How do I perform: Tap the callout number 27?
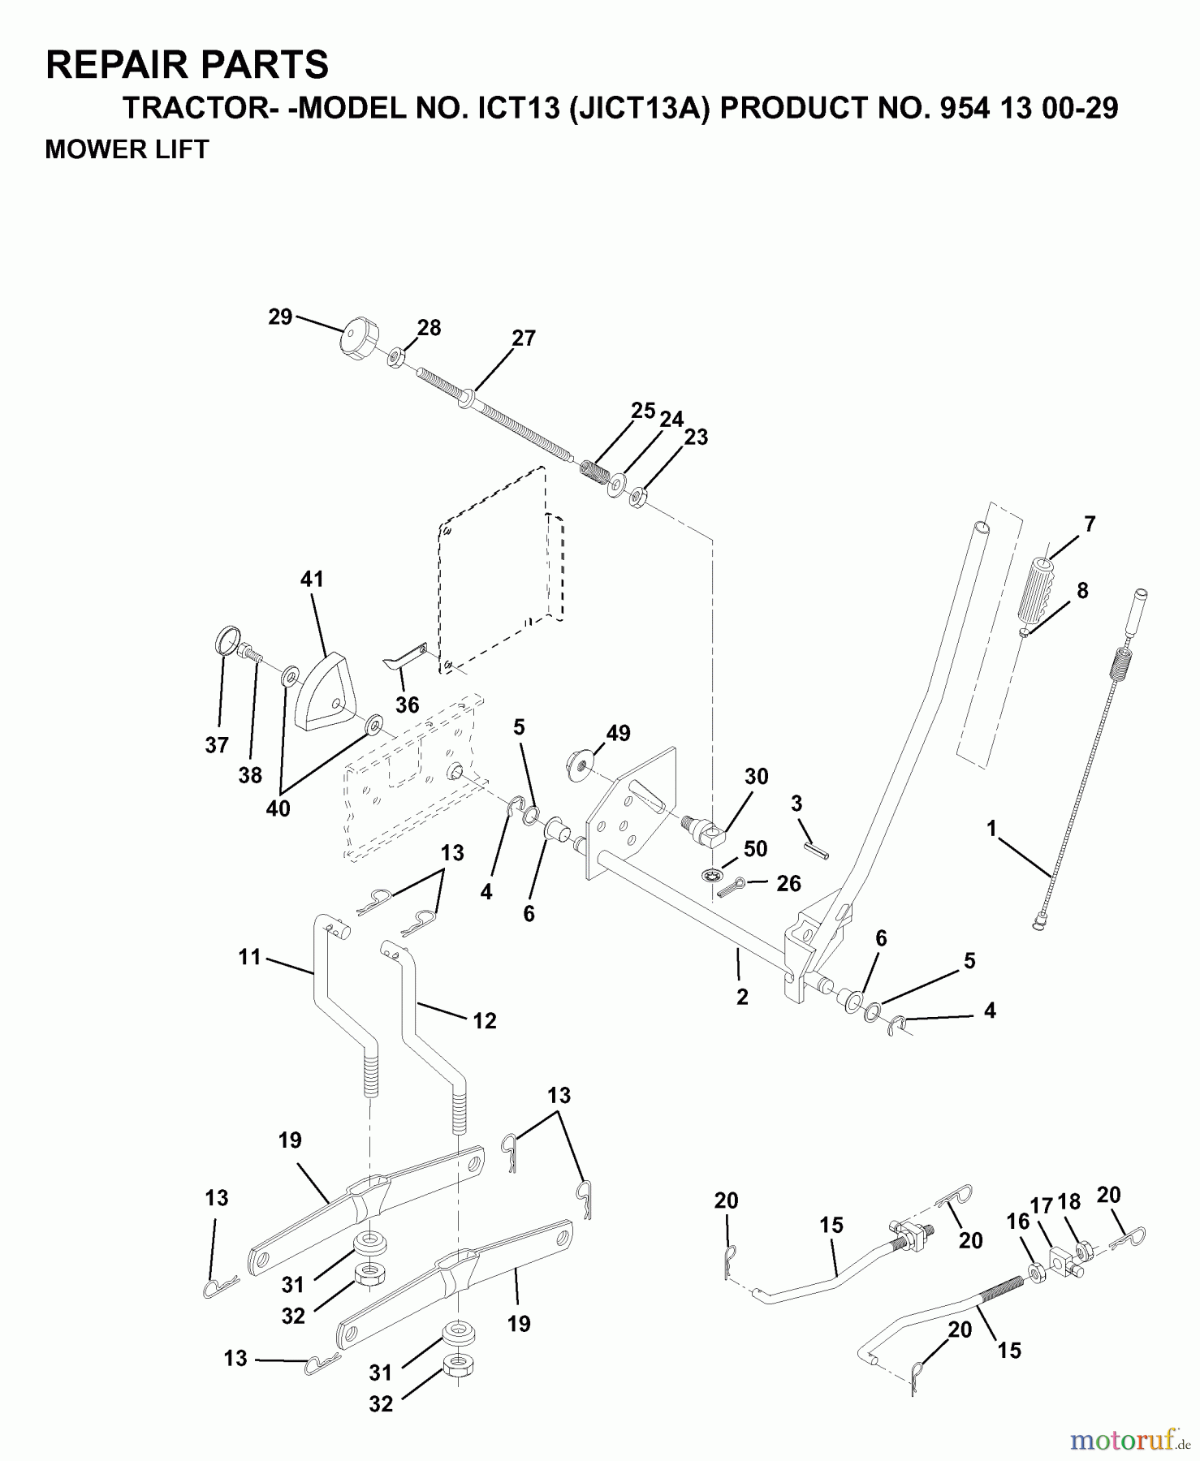[x=524, y=338]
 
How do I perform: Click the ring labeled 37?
[x=228, y=640]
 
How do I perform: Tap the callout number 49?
[x=618, y=734]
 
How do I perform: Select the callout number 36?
[x=407, y=705]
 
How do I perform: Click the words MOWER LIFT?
[x=127, y=150]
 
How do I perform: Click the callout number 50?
[x=755, y=849]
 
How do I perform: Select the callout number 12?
[x=484, y=1021]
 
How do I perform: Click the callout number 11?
[x=249, y=958]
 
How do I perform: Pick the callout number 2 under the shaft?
[x=742, y=998]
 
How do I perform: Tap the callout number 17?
[x=1042, y=1207]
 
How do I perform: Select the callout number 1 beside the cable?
[x=991, y=829]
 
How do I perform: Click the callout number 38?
[x=250, y=775]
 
